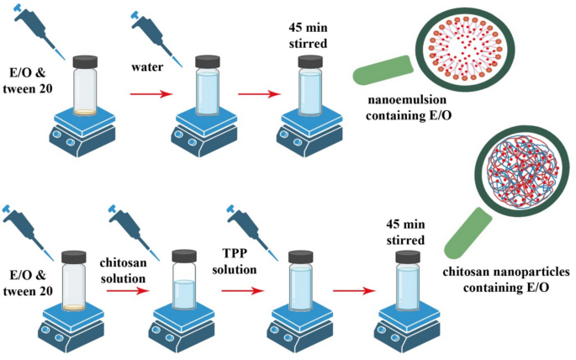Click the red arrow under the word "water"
149,96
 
